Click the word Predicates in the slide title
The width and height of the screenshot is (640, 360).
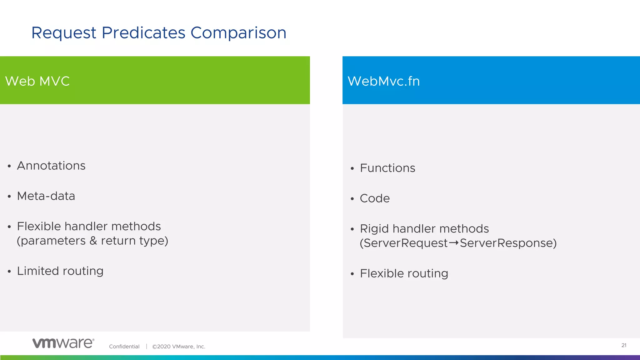tap(143, 33)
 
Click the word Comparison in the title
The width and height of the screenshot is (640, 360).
tap(238, 33)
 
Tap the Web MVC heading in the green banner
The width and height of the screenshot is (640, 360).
tap(37, 81)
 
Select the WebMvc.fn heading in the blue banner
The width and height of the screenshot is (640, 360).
tap(383, 81)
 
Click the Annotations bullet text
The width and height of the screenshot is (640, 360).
tap(51, 166)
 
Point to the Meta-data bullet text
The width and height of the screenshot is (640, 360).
tap(46, 196)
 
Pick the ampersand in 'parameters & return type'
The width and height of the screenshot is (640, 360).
tap(93, 241)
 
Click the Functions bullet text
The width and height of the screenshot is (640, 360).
tap(387, 168)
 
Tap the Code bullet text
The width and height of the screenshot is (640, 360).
tap(375, 198)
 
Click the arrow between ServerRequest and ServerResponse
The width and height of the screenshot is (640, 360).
tap(454, 243)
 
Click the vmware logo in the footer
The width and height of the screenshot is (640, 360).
tap(63, 343)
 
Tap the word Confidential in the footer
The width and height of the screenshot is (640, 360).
tap(124, 347)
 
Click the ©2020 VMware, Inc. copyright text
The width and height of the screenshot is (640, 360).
tap(178, 347)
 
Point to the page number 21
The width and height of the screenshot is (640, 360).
tap(624, 345)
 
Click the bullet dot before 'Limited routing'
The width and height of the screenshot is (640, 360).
tap(9, 272)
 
